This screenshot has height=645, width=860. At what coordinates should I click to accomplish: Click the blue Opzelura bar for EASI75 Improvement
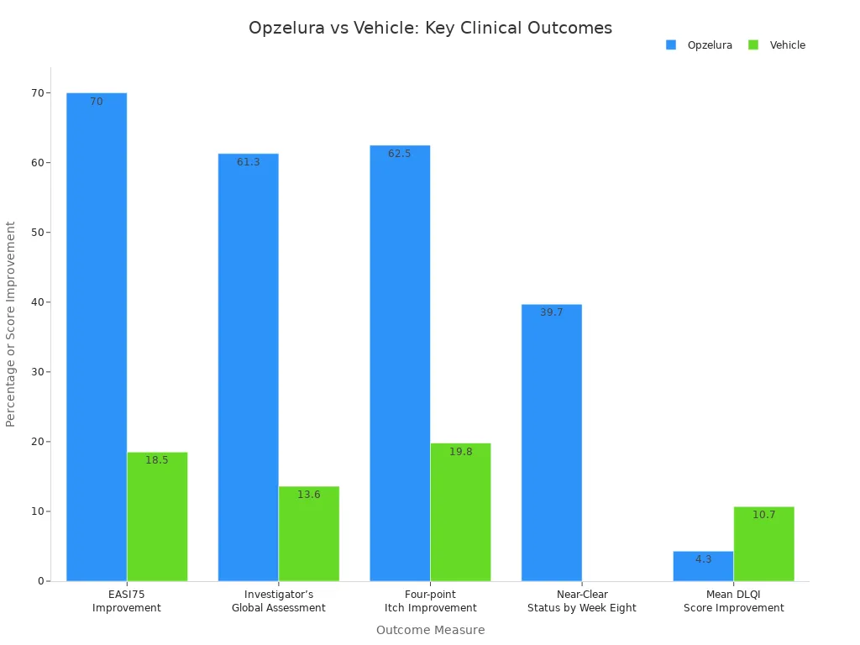[97, 336]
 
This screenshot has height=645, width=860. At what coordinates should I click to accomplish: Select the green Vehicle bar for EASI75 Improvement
[157, 517]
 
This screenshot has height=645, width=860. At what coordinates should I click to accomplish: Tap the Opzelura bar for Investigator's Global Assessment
[248, 367]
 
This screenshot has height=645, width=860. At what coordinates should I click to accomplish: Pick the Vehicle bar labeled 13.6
[308, 533]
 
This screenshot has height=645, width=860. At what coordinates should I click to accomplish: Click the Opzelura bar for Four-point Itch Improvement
[400, 363]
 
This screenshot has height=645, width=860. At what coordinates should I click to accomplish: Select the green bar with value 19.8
[460, 512]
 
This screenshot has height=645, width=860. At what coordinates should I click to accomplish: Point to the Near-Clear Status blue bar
[551, 443]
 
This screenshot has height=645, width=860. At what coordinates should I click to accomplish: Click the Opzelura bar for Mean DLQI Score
[703, 566]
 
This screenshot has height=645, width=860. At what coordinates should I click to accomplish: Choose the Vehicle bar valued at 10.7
[763, 543]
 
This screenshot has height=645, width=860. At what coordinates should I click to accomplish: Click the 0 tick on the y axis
[39, 581]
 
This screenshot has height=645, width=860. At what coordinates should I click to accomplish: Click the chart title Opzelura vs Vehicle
[430, 28]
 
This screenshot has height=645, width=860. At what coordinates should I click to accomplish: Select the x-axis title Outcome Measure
[430, 630]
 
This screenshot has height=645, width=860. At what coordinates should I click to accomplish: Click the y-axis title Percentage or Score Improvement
[11, 324]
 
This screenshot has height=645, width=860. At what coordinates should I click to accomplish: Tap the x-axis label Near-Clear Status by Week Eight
[581, 601]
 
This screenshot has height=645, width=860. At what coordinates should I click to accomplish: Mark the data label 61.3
[248, 162]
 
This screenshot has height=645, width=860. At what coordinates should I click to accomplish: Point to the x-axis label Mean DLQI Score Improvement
[733, 601]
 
